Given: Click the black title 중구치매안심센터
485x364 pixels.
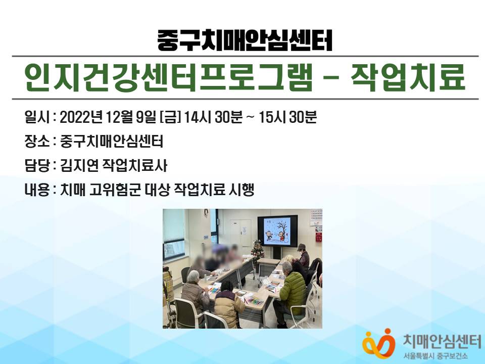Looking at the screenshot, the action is [245, 40].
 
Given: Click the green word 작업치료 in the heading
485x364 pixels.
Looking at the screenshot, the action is [408, 77].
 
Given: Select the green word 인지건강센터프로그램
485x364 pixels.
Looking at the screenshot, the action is [168, 77].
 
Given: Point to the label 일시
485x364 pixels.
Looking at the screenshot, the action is [36, 117].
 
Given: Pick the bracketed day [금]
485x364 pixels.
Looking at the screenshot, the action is [170, 117].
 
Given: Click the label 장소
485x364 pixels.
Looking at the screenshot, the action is [36, 141].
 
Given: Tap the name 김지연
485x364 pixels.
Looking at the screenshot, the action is [79, 165].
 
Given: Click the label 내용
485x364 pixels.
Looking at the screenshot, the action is [36, 190].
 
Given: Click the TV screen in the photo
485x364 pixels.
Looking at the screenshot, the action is [277, 231].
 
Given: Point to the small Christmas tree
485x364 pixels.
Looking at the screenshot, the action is [257, 250].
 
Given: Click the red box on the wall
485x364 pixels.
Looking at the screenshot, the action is [318, 237].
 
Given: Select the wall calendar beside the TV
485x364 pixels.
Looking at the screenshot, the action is [316, 217].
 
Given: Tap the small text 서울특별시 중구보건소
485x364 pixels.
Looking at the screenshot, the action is [435, 356].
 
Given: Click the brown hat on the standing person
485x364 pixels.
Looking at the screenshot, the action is [301, 247].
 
